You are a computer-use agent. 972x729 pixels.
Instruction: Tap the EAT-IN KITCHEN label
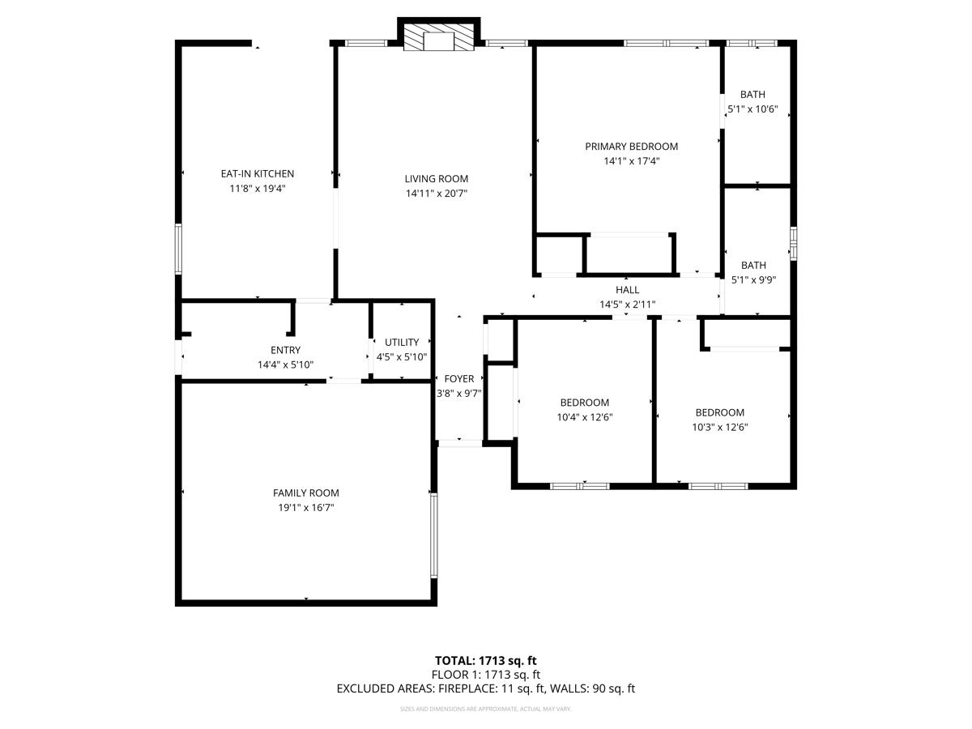point(258,173)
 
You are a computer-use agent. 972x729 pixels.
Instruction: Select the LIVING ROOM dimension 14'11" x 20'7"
point(437,194)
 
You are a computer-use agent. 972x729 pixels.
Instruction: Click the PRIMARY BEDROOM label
point(631,147)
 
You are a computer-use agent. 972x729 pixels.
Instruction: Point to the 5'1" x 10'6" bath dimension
point(752,109)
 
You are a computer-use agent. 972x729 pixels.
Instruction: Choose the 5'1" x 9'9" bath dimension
point(752,280)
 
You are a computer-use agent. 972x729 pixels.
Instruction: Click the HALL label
point(627,290)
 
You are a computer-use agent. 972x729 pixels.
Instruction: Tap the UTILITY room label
point(402,343)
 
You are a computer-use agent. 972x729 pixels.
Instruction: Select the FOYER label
point(459,379)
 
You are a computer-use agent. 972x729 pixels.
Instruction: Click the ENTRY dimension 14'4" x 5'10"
point(285,365)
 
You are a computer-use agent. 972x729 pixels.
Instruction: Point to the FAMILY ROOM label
point(305,492)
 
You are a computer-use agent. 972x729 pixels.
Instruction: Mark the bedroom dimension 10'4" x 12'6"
point(585,418)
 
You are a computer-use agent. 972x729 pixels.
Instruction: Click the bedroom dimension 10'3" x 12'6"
point(719,427)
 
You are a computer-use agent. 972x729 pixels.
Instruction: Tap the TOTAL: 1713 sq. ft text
point(485,661)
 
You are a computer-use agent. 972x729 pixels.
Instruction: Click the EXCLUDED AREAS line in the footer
point(485,688)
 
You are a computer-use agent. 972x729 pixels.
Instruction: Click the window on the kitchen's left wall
point(178,249)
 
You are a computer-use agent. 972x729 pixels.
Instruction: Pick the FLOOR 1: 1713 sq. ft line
point(485,675)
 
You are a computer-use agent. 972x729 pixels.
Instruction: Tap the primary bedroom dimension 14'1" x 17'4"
point(631,161)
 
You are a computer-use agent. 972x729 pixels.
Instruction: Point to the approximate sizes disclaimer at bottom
point(485,710)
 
